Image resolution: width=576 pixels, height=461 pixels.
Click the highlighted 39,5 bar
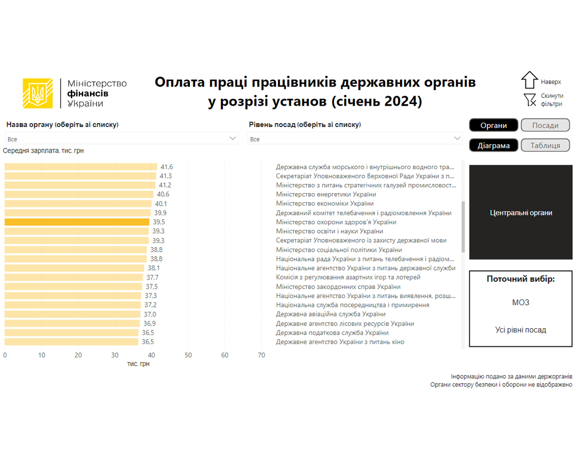tap(77, 222)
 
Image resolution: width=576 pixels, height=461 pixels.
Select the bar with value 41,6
tap(81, 167)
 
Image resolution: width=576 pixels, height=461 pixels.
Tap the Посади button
tap(545, 125)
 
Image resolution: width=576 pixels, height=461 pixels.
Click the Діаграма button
tap(493, 145)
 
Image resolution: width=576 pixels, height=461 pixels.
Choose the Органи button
tap(493, 125)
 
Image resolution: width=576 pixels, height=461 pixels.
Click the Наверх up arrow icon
tap(530, 80)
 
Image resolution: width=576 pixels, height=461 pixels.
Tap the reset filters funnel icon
tap(530, 100)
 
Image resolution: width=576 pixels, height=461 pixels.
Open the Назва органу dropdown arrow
tap(233, 138)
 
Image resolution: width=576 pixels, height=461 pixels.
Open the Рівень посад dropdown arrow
tap(457, 138)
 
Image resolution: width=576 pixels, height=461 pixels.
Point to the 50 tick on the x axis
tap(188, 355)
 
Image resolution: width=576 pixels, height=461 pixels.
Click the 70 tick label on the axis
tap(261, 355)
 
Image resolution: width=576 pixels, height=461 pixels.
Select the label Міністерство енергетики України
tap(326, 194)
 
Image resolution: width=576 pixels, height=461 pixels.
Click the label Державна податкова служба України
tap(332, 333)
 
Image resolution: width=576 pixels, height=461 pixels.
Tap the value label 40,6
tap(163, 194)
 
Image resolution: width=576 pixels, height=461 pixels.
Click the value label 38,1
tap(154, 268)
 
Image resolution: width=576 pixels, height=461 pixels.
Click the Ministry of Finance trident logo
tap(38, 93)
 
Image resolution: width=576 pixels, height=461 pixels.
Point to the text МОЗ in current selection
tap(521, 303)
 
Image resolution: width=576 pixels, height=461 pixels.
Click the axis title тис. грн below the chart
tap(138, 364)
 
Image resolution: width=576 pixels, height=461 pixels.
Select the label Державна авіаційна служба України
tap(331, 314)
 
